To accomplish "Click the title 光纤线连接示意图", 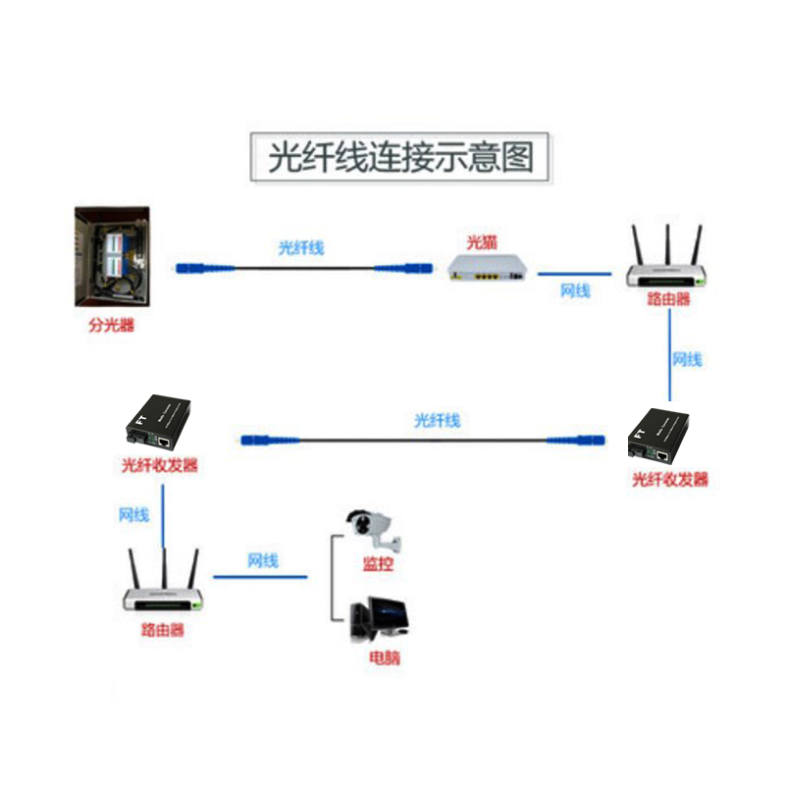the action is [401, 157].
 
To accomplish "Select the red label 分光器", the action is [111, 326].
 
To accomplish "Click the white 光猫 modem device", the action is [487, 268].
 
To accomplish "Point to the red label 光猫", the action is [482, 241].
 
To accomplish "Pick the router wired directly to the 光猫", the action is [666, 270].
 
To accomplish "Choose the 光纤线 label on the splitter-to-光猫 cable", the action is [300, 248].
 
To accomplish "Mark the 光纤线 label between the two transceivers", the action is [437, 421].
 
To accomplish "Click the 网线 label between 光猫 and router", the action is [575, 290].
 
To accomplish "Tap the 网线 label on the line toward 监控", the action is [263, 561].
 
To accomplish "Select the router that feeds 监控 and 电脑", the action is [163, 594].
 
